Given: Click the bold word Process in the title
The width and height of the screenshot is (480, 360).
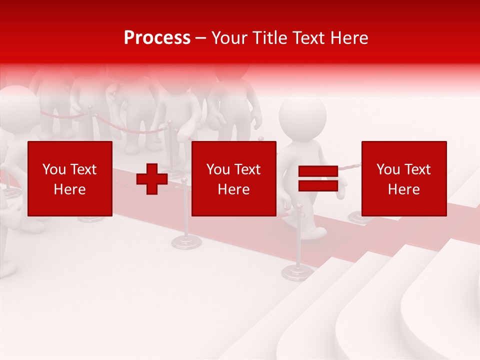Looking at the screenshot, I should pos(157,38).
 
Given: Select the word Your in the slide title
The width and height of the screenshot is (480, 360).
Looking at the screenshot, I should pos(229,38).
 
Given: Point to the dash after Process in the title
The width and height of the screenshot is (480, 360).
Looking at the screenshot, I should pos(201,38).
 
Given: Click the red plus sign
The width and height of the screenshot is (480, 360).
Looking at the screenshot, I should pos(152,179).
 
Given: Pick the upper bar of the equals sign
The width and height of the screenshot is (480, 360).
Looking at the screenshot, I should pos(318,171).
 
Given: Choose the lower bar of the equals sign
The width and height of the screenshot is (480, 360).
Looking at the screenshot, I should pos(318,185).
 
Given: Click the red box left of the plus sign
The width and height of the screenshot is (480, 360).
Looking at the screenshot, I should pos(70,178).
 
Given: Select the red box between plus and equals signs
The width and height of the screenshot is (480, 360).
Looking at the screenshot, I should pos(234,178).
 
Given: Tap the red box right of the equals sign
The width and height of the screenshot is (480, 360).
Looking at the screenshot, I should pos(404,178).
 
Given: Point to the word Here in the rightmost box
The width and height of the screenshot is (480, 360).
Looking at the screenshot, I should pos(404,189).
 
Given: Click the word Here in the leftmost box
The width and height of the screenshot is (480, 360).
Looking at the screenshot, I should pos(70,189).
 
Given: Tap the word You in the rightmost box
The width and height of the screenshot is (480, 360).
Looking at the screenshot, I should pos(387,169).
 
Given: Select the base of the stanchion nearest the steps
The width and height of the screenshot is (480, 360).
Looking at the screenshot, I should pos(297,272).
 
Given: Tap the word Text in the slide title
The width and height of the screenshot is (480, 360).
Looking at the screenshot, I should pos(308,38).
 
